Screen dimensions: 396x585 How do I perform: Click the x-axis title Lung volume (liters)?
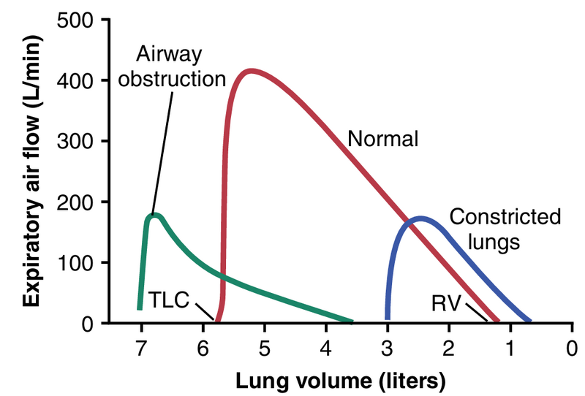coord(340,380)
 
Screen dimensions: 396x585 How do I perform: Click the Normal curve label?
coord(382,139)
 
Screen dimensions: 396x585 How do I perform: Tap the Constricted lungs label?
coord(505,229)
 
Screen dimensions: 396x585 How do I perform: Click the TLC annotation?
coord(169,300)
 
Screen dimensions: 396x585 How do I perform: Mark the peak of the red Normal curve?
coord(249,71)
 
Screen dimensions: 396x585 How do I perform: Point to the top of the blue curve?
coord(420,218)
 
